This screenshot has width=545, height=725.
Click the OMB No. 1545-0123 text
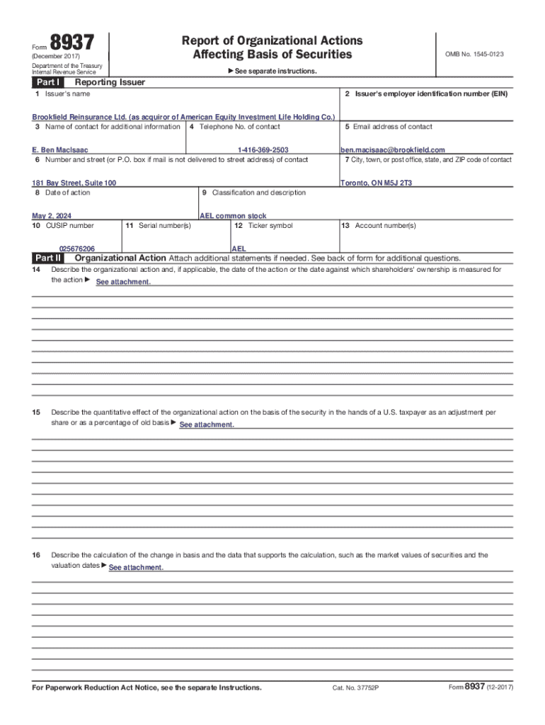(474, 54)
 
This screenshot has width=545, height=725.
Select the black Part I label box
(47, 82)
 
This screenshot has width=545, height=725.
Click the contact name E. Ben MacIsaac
(60, 150)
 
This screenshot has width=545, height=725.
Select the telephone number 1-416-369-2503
(263, 150)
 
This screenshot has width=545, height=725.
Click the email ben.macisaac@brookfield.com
(393, 150)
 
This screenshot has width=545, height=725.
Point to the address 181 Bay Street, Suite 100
(74, 183)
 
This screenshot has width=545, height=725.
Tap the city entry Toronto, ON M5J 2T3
(377, 183)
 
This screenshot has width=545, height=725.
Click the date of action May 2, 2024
(52, 216)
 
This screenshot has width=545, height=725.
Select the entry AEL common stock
(234, 216)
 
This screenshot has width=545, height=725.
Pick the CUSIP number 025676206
(77, 249)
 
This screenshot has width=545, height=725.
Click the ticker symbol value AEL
(239, 249)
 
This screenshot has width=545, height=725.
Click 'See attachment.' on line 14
(123, 282)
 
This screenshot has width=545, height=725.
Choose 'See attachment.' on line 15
(207, 425)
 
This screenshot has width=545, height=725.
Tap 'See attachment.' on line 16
(136, 568)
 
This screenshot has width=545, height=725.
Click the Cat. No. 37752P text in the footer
(355, 688)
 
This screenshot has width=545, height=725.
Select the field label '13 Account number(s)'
(379, 226)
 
